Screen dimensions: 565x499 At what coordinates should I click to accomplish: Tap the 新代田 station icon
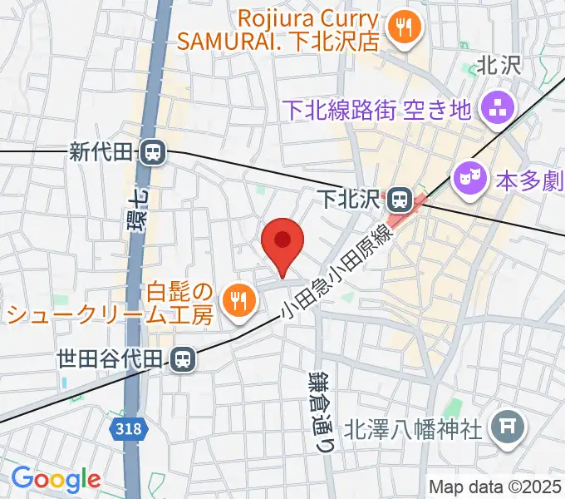point(152,152)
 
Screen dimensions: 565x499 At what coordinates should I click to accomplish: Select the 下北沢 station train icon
point(400,199)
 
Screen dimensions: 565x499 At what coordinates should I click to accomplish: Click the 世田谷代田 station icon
point(182,359)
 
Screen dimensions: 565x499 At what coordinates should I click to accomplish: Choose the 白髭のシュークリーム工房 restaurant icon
point(238,299)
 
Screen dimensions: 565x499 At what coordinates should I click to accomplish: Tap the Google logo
point(55,478)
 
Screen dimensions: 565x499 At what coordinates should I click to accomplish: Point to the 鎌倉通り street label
point(322,400)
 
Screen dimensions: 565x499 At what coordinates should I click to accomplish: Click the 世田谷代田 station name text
point(111,359)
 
